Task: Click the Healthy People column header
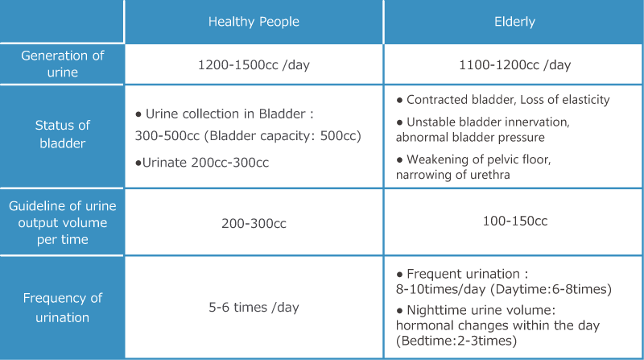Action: click(x=254, y=22)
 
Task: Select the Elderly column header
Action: click(x=514, y=22)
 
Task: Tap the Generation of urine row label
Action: click(x=63, y=64)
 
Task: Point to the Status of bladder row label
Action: click(x=63, y=134)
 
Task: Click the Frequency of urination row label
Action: click(x=63, y=308)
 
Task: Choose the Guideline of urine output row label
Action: click(x=63, y=222)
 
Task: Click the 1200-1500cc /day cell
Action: click(x=254, y=65)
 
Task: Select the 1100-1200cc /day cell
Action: click(x=514, y=65)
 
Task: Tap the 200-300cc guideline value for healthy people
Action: click(x=254, y=223)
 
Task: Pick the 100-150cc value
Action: click(x=515, y=221)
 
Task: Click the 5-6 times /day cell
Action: click(x=254, y=308)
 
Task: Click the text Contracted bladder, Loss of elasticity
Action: click(x=508, y=100)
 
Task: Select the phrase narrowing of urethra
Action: click(x=453, y=175)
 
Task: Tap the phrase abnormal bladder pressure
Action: click(x=470, y=137)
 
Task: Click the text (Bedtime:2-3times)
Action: click(x=456, y=341)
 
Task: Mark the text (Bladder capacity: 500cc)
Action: click(x=283, y=136)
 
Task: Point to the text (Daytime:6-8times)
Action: click(x=551, y=289)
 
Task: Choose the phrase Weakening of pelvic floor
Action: click(x=478, y=159)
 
